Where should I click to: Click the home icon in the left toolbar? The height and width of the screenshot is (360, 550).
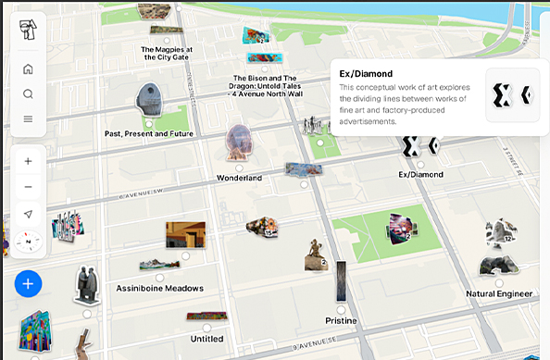pyautogui.click(x=28, y=68)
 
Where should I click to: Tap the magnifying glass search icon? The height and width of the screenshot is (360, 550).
pyautogui.click(x=28, y=93)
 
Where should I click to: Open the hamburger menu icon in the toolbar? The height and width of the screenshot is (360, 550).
pyautogui.click(x=28, y=118)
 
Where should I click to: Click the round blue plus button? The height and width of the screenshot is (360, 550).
pyautogui.click(x=28, y=283)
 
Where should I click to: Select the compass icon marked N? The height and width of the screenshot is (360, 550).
pyautogui.click(x=28, y=242)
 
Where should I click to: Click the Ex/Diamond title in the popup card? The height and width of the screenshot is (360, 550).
pyautogui.click(x=368, y=74)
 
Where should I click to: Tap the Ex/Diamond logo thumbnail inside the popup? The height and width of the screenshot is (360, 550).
pyautogui.click(x=513, y=94)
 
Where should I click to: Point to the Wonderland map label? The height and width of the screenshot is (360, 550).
pyautogui.click(x=239, y=178)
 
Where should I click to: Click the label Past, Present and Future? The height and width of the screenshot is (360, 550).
pyautogui.click(x=149, y=134)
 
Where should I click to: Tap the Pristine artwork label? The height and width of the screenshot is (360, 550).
pyautogui.click(x=341, y=320)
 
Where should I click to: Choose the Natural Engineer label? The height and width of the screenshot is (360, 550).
pyautogui.click(x=499, y=293)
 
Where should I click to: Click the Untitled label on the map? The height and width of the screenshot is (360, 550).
pyautogui.click(x=206, y=339)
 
